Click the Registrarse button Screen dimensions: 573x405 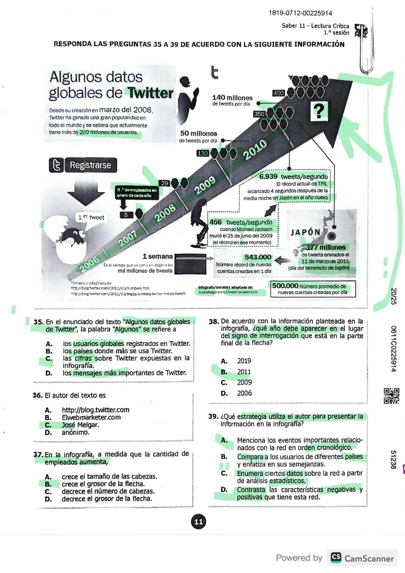(83, 165)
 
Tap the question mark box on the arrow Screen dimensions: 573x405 (318, 111)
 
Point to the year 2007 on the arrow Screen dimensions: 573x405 (128, 238)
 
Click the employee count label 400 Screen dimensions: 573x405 (278, 93)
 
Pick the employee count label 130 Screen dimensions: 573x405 (202, 153)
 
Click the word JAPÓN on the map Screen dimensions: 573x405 (305, 232)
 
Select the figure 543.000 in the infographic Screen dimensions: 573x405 (258, 257)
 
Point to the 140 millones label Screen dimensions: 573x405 (232, 98)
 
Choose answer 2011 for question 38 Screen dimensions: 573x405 (244, 372)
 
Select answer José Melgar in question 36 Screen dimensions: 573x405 (80, 425)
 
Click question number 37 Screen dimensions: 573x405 (38, 454)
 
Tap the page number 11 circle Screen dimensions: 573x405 (198, 522)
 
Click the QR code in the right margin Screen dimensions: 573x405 (391, 396)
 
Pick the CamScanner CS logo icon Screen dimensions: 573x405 (336, 558)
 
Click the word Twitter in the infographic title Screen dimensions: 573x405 (150, 93)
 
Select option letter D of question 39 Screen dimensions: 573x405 (224, 490)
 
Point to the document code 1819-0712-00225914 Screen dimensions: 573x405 (300, 13)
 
